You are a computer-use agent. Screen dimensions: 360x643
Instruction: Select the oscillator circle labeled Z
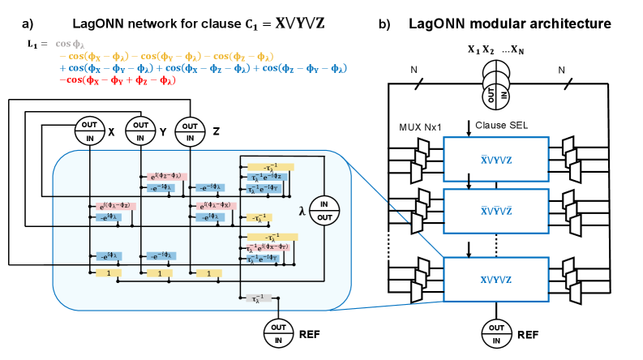(189, 131)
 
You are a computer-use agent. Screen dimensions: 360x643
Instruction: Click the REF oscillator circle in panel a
(277, 331)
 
